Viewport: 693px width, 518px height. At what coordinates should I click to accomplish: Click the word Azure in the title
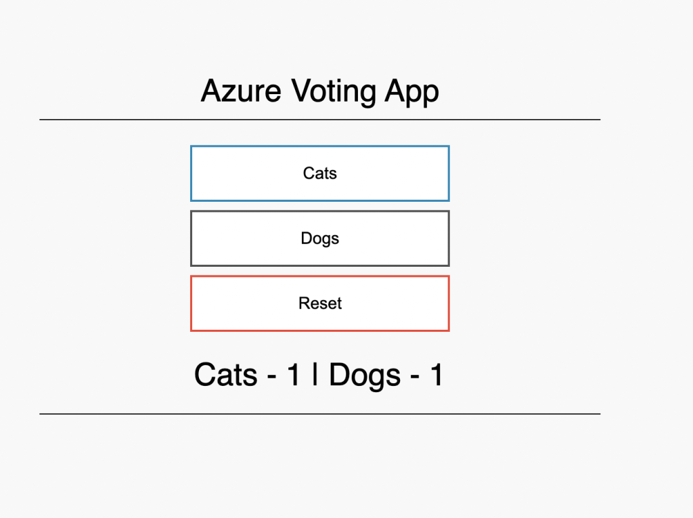[241, 91]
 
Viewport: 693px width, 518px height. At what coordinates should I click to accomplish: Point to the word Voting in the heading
[334, 92]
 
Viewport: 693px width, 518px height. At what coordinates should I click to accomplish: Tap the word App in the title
[412, 92]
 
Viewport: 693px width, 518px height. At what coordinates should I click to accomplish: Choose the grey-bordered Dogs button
[320, 238]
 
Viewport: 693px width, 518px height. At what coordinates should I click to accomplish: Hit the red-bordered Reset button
[320, 303]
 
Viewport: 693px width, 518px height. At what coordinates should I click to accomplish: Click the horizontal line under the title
[320, 119]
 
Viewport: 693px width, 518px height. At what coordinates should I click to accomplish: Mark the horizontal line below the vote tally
[320, 414]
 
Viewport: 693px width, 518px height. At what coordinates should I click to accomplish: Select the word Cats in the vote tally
[226, 374]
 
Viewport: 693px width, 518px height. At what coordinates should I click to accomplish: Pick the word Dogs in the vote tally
[365, 376]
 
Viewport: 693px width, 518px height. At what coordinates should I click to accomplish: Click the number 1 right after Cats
[293, 374]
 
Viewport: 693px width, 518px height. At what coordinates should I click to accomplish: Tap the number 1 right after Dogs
[437, 374]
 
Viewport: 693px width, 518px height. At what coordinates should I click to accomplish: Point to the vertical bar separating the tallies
[315, 374]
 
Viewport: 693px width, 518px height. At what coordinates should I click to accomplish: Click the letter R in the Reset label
[305, 303]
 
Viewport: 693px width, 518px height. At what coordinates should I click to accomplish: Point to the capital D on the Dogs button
[307, 238]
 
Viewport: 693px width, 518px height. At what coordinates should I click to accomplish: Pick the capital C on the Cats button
[309, 173]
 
